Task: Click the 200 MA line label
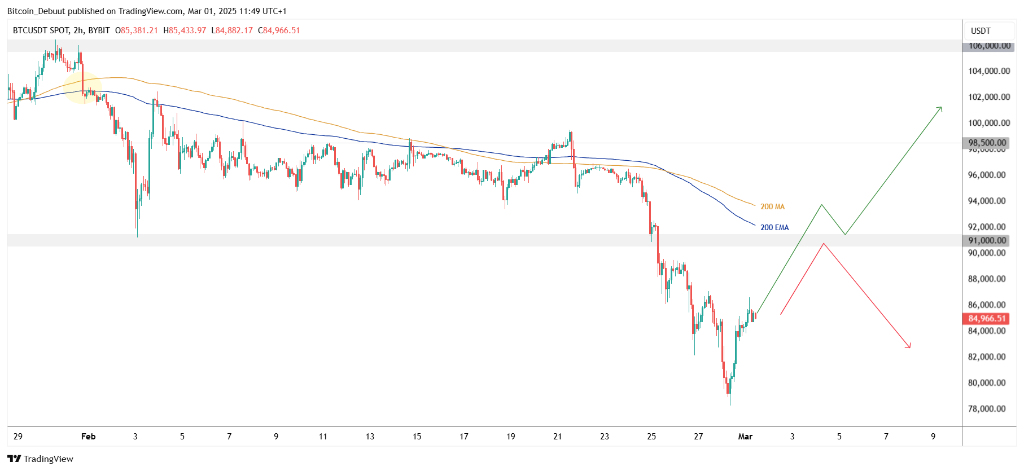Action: (772, 207)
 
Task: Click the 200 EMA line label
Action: (774, 228)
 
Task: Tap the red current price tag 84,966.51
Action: (987, 319)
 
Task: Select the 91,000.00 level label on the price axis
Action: (987, 240)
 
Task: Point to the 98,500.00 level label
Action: (987, 143)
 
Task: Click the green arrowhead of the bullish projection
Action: (940, 108)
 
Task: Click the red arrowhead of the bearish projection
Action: (909, 346)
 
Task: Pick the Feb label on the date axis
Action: (89, 437)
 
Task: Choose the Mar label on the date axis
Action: (745, 437)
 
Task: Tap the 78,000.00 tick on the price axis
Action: (987, 409)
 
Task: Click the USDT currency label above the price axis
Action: (981, 31)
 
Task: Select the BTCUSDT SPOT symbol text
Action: (41, 30)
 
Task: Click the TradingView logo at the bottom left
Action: (40, 459)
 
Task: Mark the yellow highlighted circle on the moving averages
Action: (83, 89)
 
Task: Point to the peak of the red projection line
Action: (824, 244)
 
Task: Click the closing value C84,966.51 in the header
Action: (279, 30)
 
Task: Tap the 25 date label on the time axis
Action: (651, 437)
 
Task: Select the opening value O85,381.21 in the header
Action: (137, 30)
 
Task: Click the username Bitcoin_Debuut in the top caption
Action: (36, 11)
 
